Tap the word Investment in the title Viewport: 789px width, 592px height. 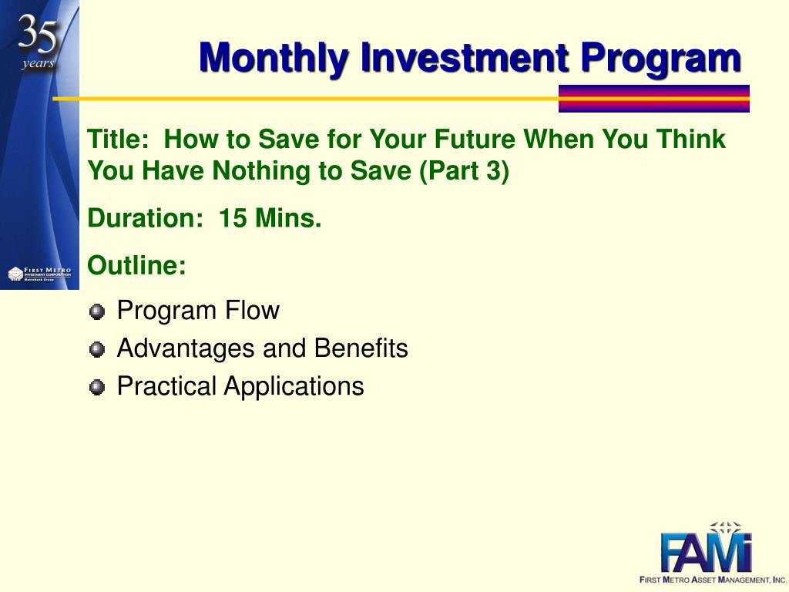coord(465,57)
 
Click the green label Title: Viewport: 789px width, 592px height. coord(118,139)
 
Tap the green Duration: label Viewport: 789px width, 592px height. coord(145,218)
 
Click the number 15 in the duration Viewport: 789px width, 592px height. coord(233,218)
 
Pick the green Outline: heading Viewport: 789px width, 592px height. coord(136,265)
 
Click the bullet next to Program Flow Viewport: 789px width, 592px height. coord(96,311)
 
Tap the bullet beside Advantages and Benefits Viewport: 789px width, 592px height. coord(96,349)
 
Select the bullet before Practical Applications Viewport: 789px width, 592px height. coord(96,387)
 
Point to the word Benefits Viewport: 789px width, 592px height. coord(361,348)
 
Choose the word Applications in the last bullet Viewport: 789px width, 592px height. coord(294,387)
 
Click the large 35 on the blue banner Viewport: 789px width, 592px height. coord(38,34)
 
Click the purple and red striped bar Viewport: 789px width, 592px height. coord(653,99)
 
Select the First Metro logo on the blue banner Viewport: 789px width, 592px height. coord(40,274)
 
